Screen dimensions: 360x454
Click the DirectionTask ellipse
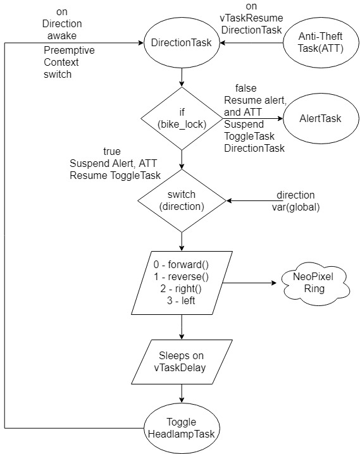(182, 43)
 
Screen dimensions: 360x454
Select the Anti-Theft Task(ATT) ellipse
(321, 42)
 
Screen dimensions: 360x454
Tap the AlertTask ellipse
(321, 118)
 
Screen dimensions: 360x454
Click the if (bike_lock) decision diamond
(182, 118)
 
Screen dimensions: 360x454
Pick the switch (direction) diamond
(182, 200)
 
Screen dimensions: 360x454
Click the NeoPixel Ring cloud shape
(314, 283)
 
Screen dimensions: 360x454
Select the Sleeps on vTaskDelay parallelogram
(182, 362)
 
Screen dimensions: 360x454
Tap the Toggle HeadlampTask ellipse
(182, 428)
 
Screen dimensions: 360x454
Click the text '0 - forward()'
(181, 265)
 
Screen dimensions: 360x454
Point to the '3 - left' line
(181, 301)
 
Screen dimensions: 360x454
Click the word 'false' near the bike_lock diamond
(246, 88)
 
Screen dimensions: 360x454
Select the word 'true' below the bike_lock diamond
(112, 151)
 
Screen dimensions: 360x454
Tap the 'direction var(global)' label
(295, 201)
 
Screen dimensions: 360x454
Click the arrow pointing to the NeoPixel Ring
(250, 283)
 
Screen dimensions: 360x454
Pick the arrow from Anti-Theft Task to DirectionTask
(251, 43)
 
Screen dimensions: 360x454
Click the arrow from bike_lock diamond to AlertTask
(253, 118)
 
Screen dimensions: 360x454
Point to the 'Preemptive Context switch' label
(69, 62)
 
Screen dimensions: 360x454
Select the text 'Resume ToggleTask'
(115, 175)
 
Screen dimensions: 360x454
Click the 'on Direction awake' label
(62, 24)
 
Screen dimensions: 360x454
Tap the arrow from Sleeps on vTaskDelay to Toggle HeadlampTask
(182, 394)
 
